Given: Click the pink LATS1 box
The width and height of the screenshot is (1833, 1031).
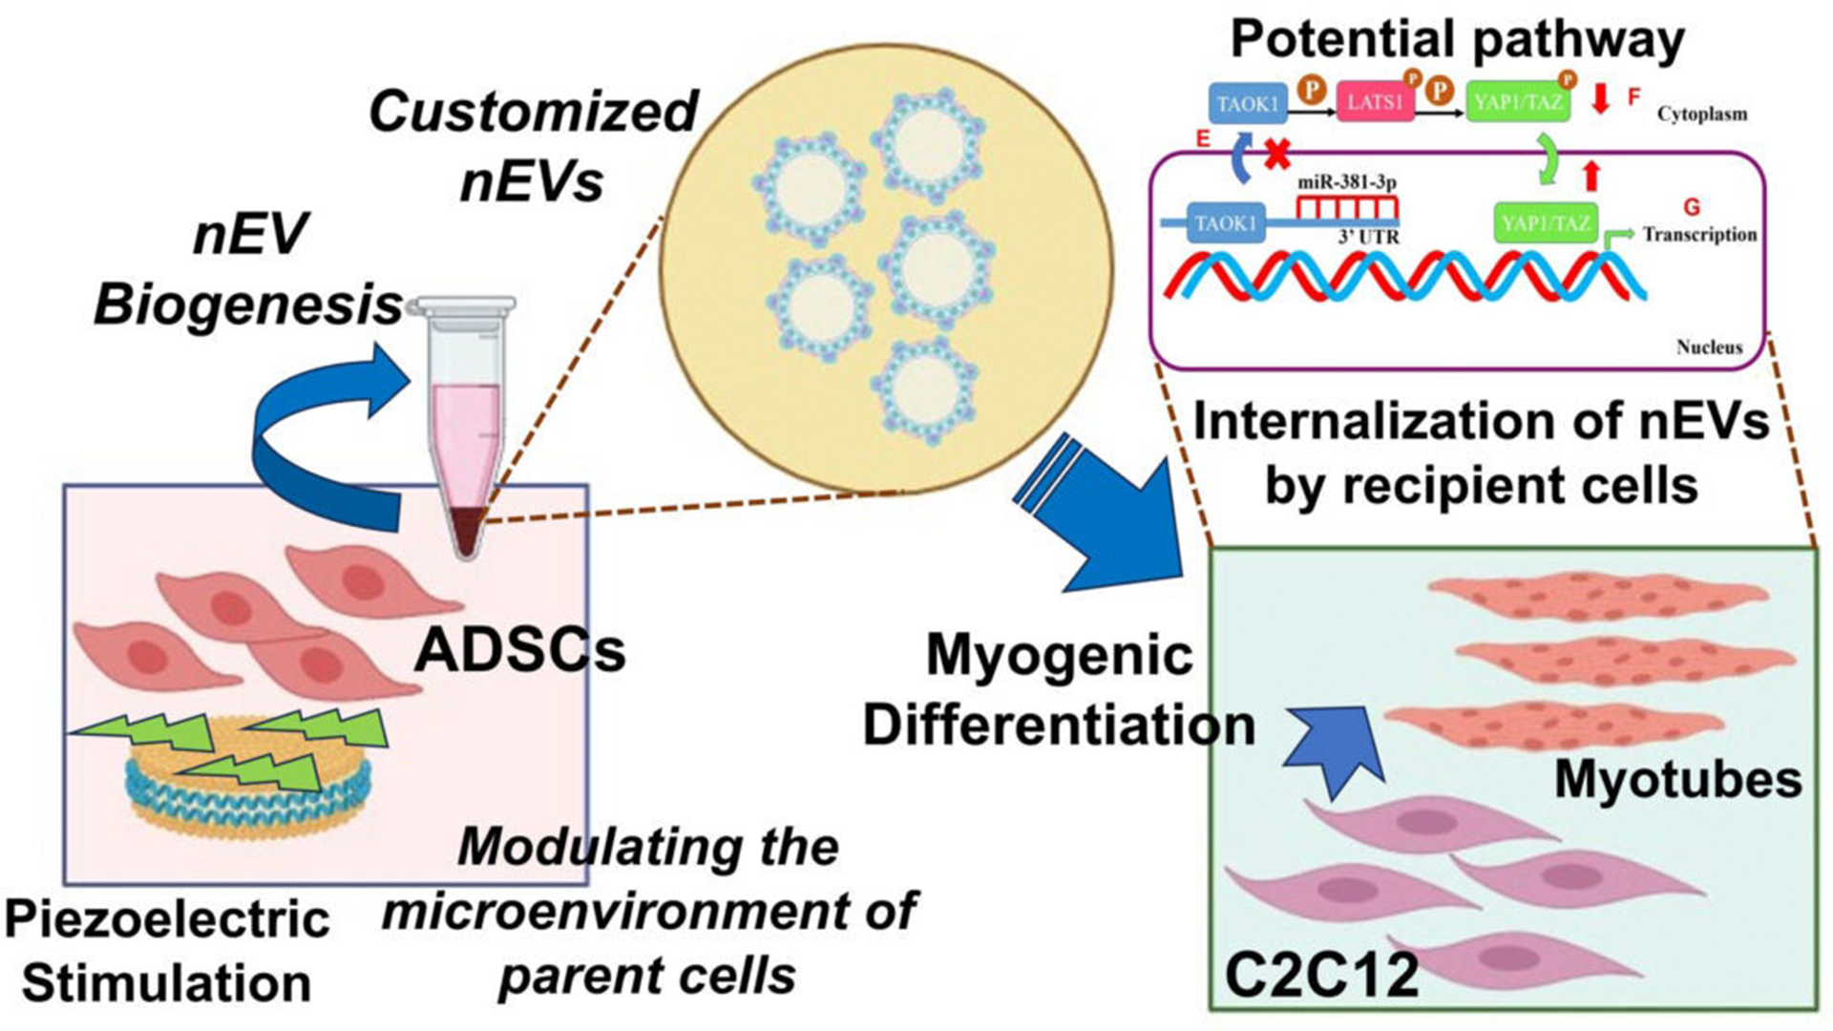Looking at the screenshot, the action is pos(1375,101).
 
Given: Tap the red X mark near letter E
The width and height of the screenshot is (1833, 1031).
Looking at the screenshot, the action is pos(1277,154).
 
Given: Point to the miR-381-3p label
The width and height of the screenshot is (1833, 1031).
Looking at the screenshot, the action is pos(1347,181).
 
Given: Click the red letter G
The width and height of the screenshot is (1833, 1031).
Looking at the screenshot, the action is pos(1692,206).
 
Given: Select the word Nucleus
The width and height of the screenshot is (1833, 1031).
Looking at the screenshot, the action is pos(1709,347).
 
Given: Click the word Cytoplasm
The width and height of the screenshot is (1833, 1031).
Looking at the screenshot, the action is pos(1702,114).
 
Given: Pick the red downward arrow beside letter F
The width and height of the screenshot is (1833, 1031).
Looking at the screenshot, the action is pos(1601,97).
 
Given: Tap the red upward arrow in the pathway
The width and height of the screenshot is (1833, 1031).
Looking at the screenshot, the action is pos(1591,175).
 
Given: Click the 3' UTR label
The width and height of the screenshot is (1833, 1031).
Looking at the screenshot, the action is pos(1368,236).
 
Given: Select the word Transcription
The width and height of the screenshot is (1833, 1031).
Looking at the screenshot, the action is pos(1699,234).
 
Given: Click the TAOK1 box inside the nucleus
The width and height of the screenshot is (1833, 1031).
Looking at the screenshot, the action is pos(1226,223).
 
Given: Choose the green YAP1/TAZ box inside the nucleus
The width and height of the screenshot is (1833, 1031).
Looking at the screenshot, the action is pos(1545,223).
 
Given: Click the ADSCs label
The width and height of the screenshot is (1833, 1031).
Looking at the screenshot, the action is pos(520,651).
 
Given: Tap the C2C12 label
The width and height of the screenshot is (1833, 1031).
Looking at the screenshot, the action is pos(1321,976).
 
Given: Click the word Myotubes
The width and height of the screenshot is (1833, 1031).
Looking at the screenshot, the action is pos(1678,780).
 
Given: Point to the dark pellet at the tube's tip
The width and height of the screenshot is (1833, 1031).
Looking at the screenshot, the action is pos(465,531).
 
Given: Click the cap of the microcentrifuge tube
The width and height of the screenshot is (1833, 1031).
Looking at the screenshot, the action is pos(462,307).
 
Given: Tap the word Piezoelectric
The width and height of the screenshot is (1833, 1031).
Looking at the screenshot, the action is pos(167,919).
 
